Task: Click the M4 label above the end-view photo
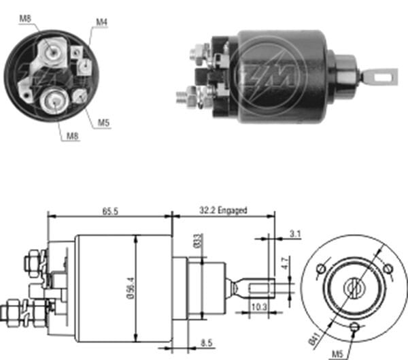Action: click(101, 22)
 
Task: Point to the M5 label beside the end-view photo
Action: click(103, 122)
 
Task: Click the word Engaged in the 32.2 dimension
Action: click(233, 212)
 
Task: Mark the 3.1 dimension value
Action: click(294, 233)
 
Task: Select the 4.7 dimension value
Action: click(286, 259)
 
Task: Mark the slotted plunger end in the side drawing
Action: click(259, 287)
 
